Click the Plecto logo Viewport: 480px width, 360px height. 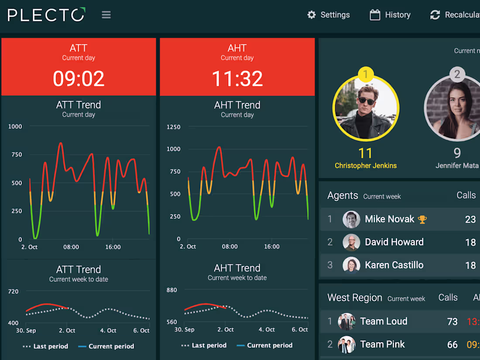tap(46, 15)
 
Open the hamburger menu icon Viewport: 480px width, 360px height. tap(106, 15)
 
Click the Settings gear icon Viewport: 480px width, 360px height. tap(311, 15)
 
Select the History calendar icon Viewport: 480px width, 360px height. tap(375, 15)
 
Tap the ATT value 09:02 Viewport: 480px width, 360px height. tap(79, 79)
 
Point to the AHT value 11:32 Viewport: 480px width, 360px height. tap(237, 79)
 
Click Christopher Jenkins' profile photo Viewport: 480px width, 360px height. tap(366, 108)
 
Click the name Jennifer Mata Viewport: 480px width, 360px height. tap(457, 166)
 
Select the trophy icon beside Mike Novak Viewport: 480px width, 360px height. tap(422, 219)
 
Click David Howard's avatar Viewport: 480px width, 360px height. tap(351, 242)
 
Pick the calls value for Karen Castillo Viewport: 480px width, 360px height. tap(470, 265)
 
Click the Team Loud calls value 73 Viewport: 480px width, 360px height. tap(452, 322)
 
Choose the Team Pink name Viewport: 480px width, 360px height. tap(382, 344)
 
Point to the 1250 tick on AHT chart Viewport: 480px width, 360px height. tap(173, 127)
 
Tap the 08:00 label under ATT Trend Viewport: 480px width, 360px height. tap(71, 247)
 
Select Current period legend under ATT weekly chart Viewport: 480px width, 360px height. tap(111, 346)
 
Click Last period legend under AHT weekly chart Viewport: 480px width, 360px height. tap(209, 346)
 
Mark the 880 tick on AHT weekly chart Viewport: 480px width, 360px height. tap(172, 290)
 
